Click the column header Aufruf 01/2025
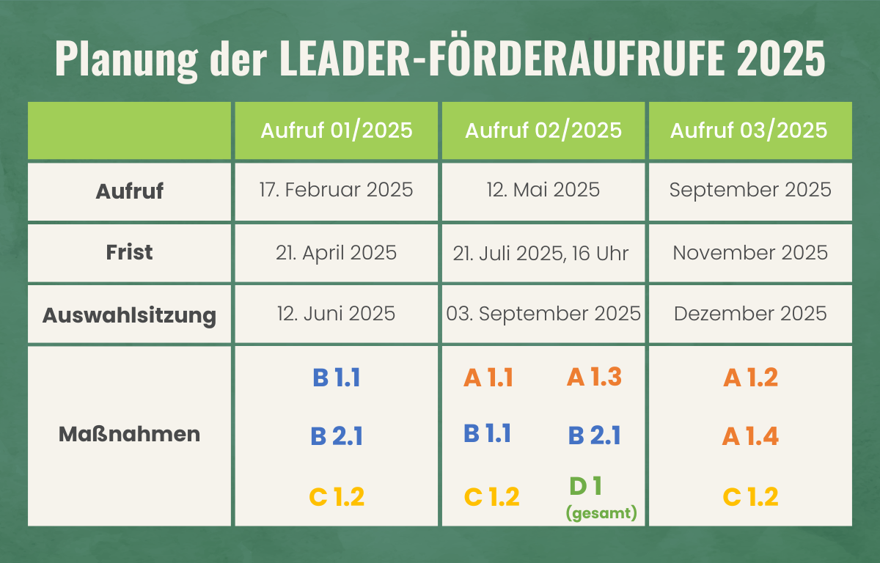coord(337,130)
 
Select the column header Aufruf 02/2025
coord(543,130)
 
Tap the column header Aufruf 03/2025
coord(749,130)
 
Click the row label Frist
coord(129,252)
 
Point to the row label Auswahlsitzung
coord(129,315)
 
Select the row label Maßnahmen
coord(129,434)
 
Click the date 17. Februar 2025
coord(337,190)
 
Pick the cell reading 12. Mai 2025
coord(543,190)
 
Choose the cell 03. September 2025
coord(543,314)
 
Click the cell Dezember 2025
coord(750,314)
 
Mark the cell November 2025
coord(750,253)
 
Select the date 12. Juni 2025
coord(337,314)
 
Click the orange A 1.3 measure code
coord(594,377)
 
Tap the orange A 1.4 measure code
coord(750,437)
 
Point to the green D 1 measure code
coord(585,485)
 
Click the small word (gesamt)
coord(601,513)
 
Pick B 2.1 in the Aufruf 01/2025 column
coord(337,437)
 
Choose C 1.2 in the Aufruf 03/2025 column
coord(750,497)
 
